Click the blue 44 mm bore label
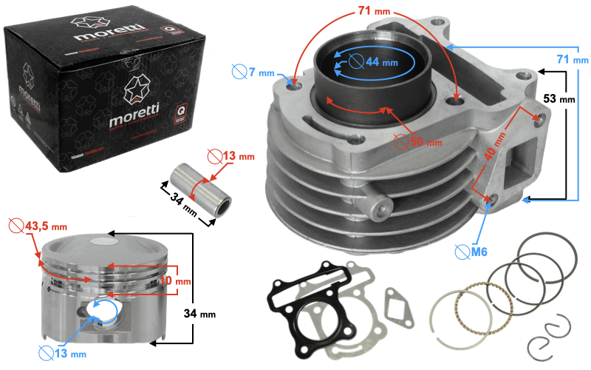point(381,63)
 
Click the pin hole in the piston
point(101,311)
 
